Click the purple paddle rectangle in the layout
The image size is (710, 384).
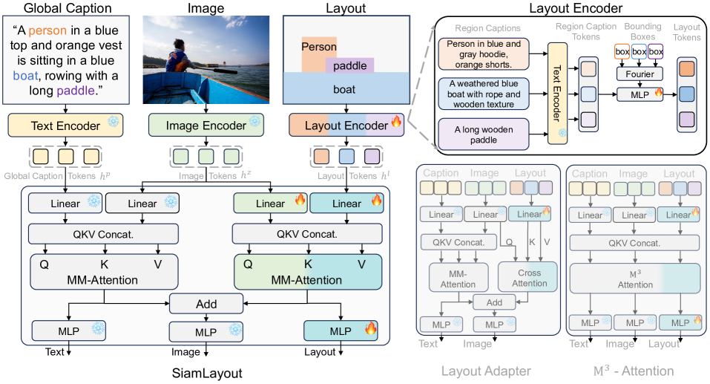pyautogui.click(x=349, y=66)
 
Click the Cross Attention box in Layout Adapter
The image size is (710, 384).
pyautogui.click(x=530, y=278)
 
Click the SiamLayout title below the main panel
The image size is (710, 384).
pyautogui.click(x=205, y=369)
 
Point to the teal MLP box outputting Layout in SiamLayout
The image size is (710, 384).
pyautogui.click(x=341, y=331)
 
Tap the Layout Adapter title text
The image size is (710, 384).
pyautogui.click(x=486, y=371)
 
